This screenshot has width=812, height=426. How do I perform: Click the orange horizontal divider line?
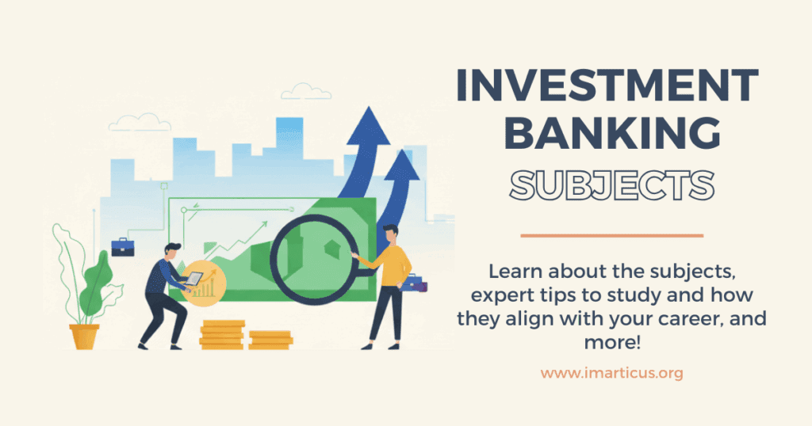click(611, 235)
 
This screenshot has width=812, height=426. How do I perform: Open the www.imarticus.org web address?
click(611, 372)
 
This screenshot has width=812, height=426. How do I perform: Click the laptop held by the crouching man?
click(193, 279)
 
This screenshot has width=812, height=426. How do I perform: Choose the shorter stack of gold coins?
click(270, 339)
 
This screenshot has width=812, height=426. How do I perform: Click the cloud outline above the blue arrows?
click(304, 93)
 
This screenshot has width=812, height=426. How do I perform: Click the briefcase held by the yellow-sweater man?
click(415, 283)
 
